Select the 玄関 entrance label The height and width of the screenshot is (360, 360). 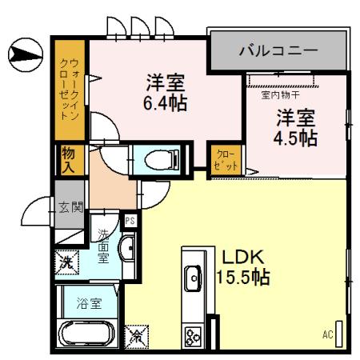pyautogui.click(x=69, y=207)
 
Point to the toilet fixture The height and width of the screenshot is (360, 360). pyautogui.click(x=157, y=160)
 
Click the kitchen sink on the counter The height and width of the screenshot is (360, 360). pyautogui.click(x=193, y=280)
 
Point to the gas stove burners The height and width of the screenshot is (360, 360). pyautogui.click(x=193, y=334)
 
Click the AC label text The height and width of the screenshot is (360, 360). pyautogui.click(x=327, y=334)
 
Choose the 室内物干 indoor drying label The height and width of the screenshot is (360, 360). pyautogui.click(x=278, y=94)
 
